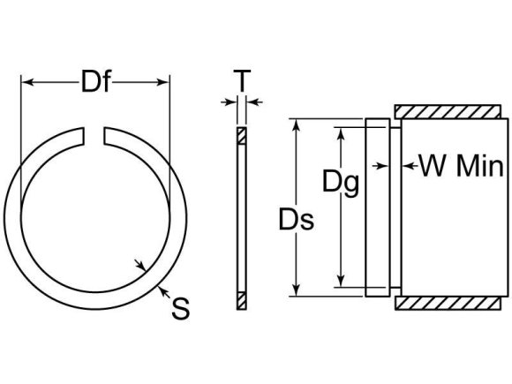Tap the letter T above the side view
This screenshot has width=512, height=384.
click(241, 81)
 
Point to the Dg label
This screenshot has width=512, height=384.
click(340, 183)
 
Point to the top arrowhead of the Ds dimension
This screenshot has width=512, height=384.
click(297, 124)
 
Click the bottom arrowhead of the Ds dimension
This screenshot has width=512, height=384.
click(297, 290)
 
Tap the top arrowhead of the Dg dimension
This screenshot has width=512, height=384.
click(339, 132)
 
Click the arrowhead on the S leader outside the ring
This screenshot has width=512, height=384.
click(158, 287)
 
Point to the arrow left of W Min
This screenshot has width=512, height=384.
click(407, 165)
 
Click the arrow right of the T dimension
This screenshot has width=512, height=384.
click(252, 103)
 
